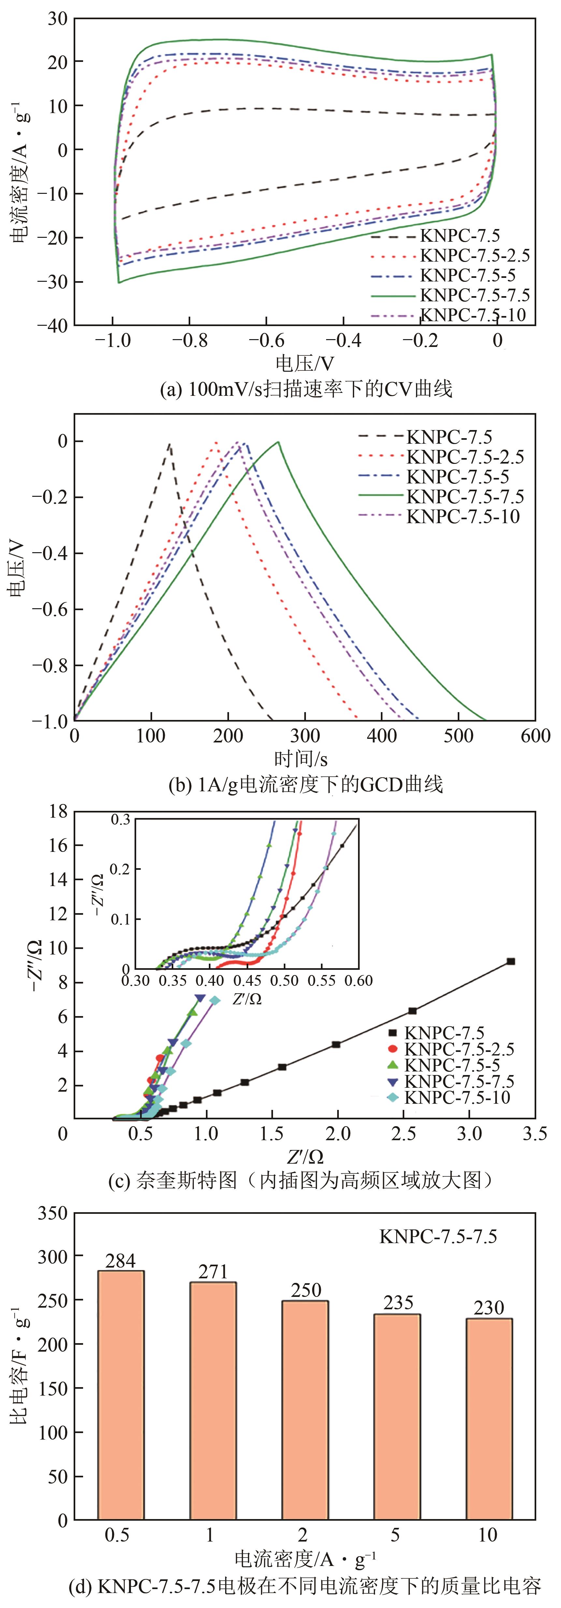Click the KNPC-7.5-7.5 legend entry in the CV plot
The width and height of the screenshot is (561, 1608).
(474, 294)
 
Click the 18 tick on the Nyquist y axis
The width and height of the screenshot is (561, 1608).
(58, 811)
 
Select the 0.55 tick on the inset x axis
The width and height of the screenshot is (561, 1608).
(322, 980)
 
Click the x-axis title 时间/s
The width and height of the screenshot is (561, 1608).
(301, 758)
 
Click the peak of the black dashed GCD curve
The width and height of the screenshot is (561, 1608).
(169, 444)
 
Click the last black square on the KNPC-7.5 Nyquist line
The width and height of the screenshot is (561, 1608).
(511, 961)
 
